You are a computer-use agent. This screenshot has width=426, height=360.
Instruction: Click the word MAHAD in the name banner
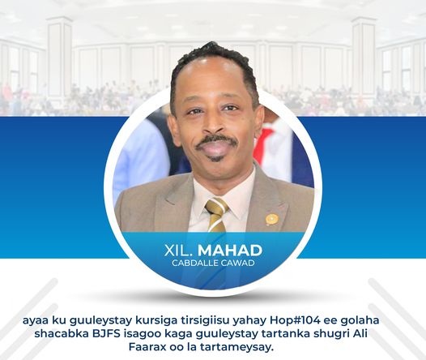pyautogui.click(x=230, y=251)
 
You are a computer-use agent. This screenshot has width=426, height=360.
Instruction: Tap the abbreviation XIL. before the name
pyautogui.click(x=178, y=251)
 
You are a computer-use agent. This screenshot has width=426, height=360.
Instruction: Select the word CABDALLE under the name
pyautogui.click(x=194, y=263)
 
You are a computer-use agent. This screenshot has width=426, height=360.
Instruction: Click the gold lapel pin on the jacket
pyautogui.click(x=272, y=219)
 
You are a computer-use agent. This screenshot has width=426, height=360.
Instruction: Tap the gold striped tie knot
pyautogui.click(x=216, y=207)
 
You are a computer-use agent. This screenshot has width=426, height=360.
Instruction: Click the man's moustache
pyautogui.click(x=216, y=141)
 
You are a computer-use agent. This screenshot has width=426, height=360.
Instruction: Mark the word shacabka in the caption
pyautogui.click(x=60, y=333)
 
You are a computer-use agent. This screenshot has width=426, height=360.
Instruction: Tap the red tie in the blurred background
pyautogui.click(x=262, y=145)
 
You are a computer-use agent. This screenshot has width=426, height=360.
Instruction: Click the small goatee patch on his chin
pyautogui.click(x=216, y=158)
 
